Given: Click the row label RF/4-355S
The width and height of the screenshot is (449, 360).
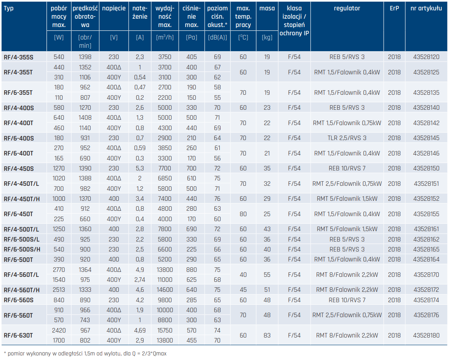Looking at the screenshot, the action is (18, 57).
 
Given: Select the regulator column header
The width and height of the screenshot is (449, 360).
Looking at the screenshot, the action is (347, 9).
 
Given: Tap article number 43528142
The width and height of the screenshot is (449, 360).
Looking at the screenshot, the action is (426, 123).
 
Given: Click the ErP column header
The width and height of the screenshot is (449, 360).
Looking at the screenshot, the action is (394, 8).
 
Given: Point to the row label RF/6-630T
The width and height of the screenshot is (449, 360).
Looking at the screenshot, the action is (18, 335).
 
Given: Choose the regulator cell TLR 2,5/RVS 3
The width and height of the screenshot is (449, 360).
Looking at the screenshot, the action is (347, 138).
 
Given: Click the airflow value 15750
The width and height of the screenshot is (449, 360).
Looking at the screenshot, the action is (164, 330).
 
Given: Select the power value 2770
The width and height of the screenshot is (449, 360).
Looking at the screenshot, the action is (59, 270).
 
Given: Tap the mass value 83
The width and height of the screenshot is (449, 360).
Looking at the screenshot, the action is (267, 335).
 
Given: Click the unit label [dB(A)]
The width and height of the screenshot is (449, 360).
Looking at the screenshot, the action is (217, 37).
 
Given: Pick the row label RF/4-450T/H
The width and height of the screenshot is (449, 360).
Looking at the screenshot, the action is (22, 199).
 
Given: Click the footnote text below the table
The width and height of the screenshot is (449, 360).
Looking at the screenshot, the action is (85, 353).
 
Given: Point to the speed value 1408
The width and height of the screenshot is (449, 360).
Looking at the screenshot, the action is (85, 118).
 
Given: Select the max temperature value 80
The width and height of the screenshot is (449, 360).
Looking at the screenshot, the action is (243, 214).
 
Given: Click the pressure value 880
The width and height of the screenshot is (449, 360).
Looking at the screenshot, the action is (191, 270).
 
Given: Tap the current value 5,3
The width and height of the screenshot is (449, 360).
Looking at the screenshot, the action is (140, 168).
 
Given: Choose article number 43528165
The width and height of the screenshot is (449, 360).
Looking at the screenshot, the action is (426, 249).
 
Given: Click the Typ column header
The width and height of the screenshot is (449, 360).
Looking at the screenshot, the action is (9, 9).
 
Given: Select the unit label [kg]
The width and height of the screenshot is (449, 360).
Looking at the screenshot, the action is (267, 37).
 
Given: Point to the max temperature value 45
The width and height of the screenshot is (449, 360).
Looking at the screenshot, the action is (243, 290).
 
